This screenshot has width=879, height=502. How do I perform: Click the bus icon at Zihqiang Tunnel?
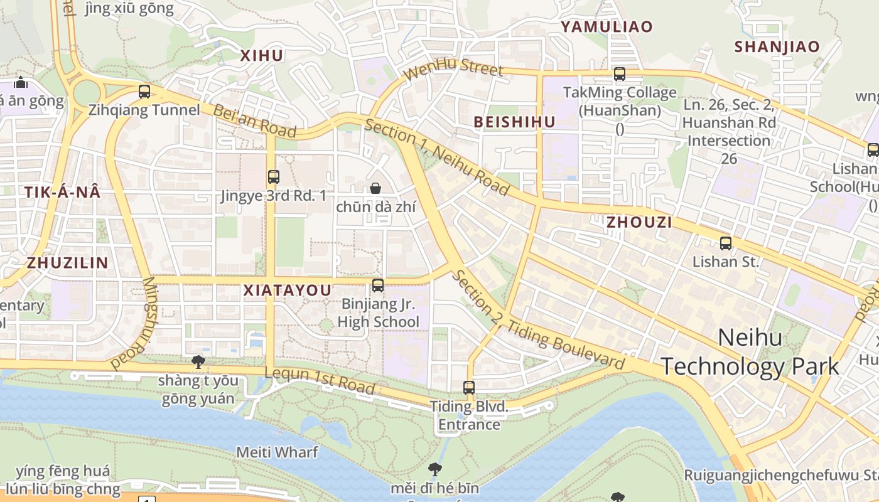(x=144, y=92)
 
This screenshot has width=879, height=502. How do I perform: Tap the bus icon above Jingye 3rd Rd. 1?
(x=273, y=177)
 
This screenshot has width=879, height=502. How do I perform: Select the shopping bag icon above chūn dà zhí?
(x=375, y=188)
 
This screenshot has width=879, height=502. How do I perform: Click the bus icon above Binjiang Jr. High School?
(x=378, y=286)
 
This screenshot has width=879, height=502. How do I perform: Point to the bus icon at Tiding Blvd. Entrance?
(x=469, y=388)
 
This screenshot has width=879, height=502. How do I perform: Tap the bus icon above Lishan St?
(x=726, y=243)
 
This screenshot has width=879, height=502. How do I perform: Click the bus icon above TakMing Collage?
(x=620, y=74)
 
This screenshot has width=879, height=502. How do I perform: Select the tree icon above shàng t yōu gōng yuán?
(x=198, y=361)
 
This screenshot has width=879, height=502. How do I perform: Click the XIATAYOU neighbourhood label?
(x=287, y=291)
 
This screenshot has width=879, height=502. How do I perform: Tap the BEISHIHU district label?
(x=515, y=122)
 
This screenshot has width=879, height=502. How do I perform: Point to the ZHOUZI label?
(x=639, y=222)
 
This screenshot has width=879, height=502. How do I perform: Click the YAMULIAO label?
(x=607, y=26)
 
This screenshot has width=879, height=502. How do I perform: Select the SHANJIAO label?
(x=777, y=46)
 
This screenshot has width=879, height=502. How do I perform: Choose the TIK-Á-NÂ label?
(x=63, y=193)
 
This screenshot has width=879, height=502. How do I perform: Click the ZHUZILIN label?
(x=68, y=263)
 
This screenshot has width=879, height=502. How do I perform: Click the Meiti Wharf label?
(x=277, y=452)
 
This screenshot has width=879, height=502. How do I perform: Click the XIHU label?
(x=262, y=55)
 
